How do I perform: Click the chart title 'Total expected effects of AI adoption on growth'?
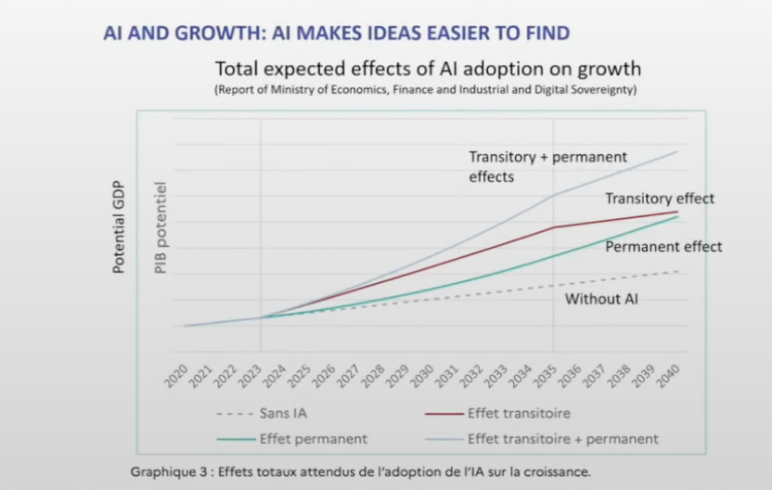[428, 70]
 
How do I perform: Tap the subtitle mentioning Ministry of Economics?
[426, 90]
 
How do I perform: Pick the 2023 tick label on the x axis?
[250, 375]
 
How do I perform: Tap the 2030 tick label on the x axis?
[421, 375]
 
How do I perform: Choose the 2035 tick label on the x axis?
[545, 375]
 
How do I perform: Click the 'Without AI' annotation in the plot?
[601, 299]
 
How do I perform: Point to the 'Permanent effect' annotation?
[663, 247]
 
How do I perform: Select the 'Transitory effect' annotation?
[660, 199]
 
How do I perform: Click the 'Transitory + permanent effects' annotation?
[547, 166]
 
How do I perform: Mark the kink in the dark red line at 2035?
[554, 227]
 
